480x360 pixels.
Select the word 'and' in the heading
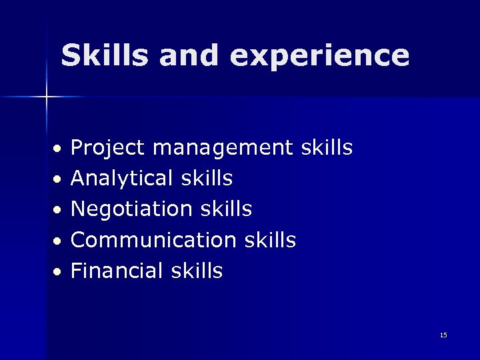(189, 55)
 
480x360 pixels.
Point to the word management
(223, 148)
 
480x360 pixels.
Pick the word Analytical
(122, 179)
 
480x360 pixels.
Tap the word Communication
(153, 240)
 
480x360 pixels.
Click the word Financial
(117, 271)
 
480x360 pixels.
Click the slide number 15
(443, 335)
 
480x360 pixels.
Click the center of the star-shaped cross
(47, 97)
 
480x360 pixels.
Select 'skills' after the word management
(327, 147)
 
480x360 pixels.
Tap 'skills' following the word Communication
(270, 240)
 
